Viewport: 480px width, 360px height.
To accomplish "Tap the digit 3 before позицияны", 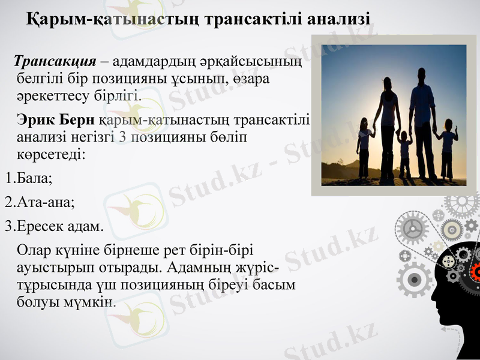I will (x=122, y=137).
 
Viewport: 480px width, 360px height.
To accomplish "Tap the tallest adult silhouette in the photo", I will (x=422, y=120).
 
